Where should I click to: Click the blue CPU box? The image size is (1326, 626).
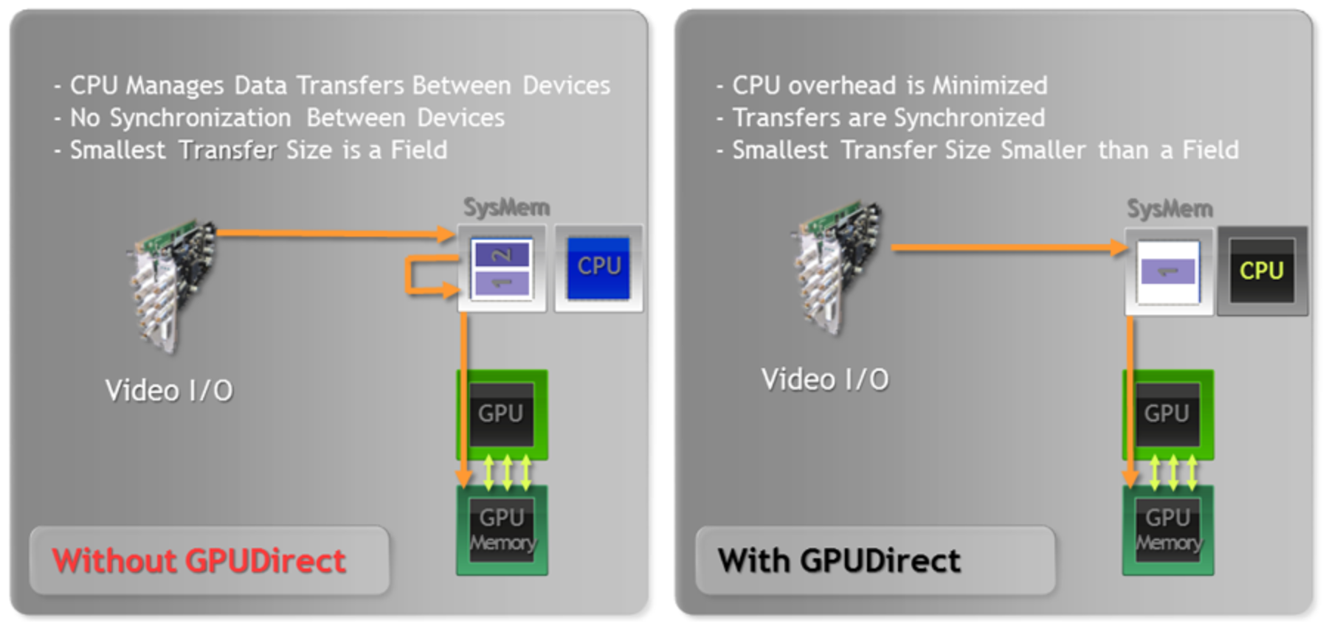pos(598,268)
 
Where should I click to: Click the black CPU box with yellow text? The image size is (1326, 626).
pos(1262,271)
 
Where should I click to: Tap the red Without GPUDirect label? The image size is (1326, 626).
pos(198,561)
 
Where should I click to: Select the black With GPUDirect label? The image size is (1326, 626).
pos(839,561)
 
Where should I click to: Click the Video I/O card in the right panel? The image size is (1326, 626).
pos(838,265)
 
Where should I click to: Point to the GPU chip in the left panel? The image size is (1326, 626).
pos(502,414)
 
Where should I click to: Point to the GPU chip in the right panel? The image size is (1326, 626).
pos(1167,414)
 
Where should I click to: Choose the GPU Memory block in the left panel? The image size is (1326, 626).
pos(502,530)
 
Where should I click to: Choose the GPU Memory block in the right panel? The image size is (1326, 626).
pos(1168,530)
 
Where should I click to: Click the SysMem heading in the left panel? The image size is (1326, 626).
pos(506,207)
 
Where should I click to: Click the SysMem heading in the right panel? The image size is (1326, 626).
pos(1170,209)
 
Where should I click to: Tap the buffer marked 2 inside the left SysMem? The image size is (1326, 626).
pos(502,255)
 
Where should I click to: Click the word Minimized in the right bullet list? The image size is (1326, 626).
pos(990,86)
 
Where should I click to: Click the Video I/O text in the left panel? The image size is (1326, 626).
pos(169,390)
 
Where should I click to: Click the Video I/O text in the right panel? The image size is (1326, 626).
pos(825,380)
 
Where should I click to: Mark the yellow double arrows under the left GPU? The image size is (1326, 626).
pos(507,473)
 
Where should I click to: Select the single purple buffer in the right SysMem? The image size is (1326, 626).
pos(1168,271)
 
